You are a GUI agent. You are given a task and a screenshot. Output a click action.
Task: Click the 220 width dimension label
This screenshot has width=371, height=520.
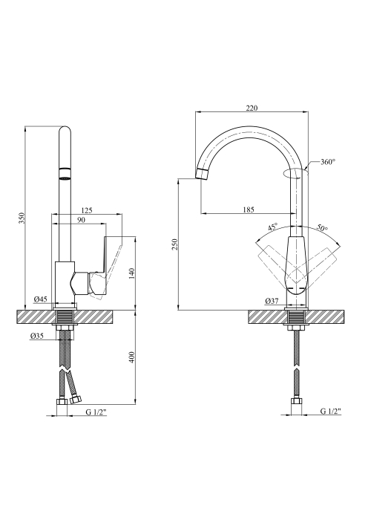coord(252,108)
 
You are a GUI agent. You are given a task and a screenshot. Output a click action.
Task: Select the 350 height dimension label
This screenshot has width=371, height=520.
coord(22,218)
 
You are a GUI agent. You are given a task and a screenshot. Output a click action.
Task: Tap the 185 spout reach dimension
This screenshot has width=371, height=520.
coord(249,209)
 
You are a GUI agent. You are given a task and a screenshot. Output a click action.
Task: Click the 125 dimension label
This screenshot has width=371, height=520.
coord(87,210)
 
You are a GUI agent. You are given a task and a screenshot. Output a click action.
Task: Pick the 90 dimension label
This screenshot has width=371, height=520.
coord(81,220)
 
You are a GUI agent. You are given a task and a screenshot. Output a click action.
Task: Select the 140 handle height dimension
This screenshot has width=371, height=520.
coord(131,273)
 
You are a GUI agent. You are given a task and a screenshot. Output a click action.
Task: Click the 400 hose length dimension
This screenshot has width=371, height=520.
coord(131,357)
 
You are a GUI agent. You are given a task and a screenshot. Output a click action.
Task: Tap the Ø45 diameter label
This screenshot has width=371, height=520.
coord(40,299)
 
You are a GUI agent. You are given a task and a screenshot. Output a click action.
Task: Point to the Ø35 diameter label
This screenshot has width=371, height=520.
coord(37,336)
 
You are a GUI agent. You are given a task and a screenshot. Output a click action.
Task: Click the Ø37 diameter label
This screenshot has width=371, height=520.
coord(272,301)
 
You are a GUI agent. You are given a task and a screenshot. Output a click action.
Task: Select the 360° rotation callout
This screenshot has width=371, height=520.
coord(328,162)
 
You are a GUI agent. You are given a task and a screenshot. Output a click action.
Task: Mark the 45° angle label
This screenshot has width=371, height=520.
coord(272,227)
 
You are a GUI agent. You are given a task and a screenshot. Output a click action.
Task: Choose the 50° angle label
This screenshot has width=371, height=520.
coord(321,227)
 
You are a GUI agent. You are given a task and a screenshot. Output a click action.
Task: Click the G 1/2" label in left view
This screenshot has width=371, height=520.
coord(96,412)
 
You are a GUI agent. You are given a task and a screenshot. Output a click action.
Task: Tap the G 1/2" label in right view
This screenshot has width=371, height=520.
coord(331,412)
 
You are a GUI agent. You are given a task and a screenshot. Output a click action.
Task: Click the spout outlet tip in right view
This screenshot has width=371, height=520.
coord(202,174)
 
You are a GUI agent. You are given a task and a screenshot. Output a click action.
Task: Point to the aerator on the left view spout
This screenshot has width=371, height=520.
coord(65,173)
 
